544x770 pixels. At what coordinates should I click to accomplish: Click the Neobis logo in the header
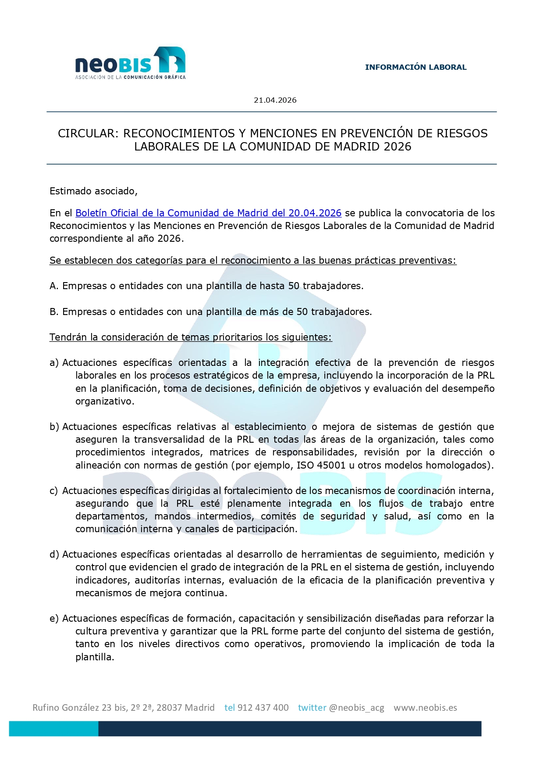pyautogui.click(x=130, y=64)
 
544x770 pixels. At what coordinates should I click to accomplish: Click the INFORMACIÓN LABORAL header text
pyautogui.click(x=416, y=67)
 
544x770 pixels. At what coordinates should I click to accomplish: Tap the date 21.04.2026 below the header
pyautogui.click(x=275, y=100)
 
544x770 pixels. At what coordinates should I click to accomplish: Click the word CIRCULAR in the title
pyautogui.click(x=87, y=133)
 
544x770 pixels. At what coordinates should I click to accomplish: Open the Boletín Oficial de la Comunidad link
pyautogui.click(x=208, y=213)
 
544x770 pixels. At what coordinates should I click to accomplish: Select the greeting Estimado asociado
pyautogui.click(x=93, y=191)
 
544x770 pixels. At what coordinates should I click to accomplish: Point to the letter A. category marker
pyautogui.click(x=54, y=286)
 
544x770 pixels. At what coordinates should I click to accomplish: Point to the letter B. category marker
pyautogui.click(x=54, y=312)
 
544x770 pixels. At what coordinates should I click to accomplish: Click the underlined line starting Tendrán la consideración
pyautogui.click(x=191, y=337)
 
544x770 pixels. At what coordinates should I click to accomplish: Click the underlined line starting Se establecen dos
pyautogui.click(x=253, y=261)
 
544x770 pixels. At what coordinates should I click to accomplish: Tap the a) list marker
pyautogui.click(x=54, y=363)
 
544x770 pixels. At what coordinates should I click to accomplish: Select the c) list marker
pyautogui.click(x=53, y=491)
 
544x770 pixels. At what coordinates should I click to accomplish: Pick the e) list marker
pyautogui.click(x=54, y=619)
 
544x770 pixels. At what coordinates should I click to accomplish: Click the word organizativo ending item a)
pyautogui.click(x=105, y=401)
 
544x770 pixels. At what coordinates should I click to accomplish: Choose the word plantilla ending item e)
pyautogui.click(x=94, y=657)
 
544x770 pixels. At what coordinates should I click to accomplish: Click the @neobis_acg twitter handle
pyautogui.click(x=356, y=708)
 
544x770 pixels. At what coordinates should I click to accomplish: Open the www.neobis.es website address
pyautogui.click(x=425, y=708)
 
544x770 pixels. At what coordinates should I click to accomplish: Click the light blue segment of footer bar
pyautogui.click(x=53, y=729)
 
